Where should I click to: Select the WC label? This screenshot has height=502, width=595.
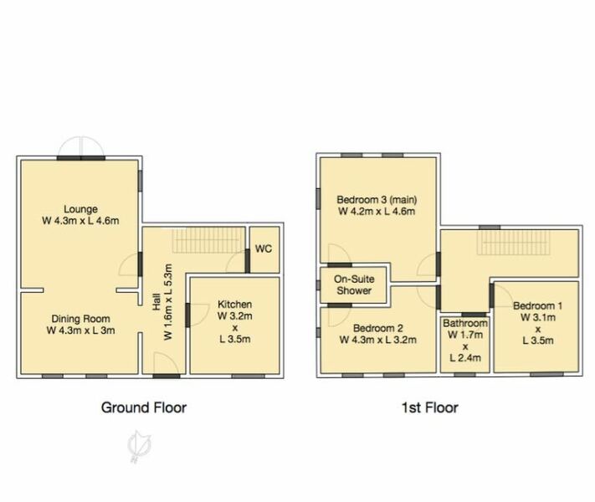coord(264,248)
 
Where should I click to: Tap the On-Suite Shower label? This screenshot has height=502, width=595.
coord(354,285)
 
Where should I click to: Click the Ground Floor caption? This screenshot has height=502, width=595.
coord(144,407)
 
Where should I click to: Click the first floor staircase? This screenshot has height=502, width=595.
coord(512,243)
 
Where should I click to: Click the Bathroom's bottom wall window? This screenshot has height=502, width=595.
coord(464,375)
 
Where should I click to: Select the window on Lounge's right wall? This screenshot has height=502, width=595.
coord(141,179)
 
